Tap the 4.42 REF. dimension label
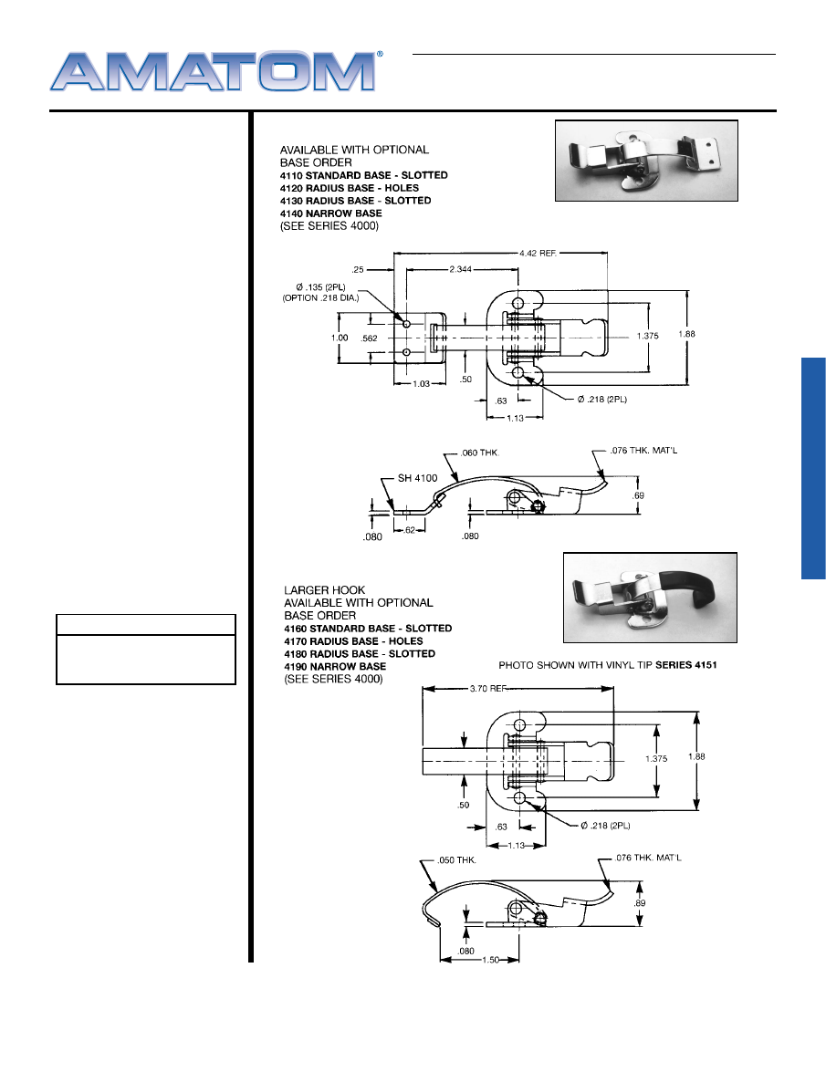coord(538,253)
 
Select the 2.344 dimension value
coord(461,269)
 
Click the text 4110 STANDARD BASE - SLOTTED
coord(364,175)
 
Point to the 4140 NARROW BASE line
coord(331,213)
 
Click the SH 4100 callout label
coord(417,479)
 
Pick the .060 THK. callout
coord(480,453)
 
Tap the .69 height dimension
coord(639,495)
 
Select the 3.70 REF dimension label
coord(488,689)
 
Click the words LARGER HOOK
coord(325,590)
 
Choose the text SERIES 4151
coord(685,664)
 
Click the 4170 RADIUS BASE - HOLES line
coord(353,641)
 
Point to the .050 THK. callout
coord(456,860)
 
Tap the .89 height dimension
coord(639,903)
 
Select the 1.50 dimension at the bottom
coord(491,960)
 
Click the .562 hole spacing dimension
coord(370,338)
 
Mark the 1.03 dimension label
coord(421,384)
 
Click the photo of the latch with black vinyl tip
coord(650,598)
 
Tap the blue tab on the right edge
coord(814,468)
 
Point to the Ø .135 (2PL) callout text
coord(320,287)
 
